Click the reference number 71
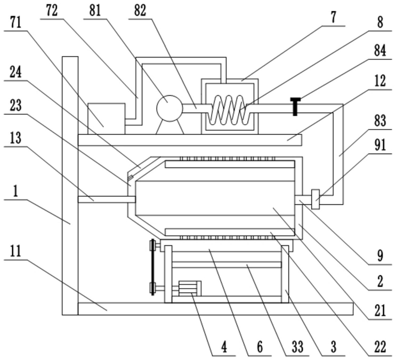coord(15,23)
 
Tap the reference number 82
coord(140,11)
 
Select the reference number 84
coord(380,50)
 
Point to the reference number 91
coord(380,145)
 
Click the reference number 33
coord(297,347)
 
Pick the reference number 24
coord(15,73)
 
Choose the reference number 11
coord(15,251)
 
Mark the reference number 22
coord(380,347)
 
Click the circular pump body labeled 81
coord(169,108)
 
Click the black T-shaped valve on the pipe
coord(295,106)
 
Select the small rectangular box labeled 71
coord(106,118)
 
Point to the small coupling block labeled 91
coord(316,199)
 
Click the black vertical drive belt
coord(152,267)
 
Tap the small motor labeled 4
coord(190,288)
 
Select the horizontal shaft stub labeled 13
coord(107,199)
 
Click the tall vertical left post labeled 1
coord(70,186)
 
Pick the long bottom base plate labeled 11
coord(215,309)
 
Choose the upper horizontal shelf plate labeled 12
coord(190,140)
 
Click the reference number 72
coord(52,11)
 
